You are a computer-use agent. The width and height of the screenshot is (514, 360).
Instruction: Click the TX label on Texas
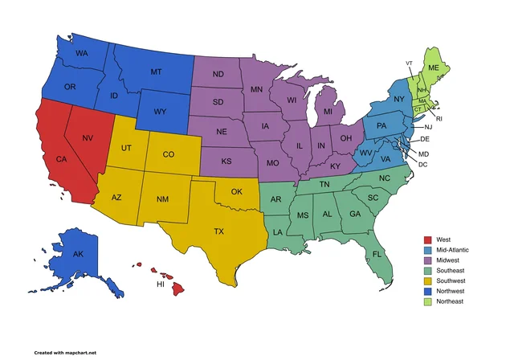click(218, 231)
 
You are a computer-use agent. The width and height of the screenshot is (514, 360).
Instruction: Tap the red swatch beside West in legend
click(428, 239)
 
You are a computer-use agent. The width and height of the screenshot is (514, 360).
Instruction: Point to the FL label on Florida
click(377, 255)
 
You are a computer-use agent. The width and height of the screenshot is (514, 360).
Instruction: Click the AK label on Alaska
click(78, 254)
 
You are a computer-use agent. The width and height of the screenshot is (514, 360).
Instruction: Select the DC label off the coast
click(423, 165)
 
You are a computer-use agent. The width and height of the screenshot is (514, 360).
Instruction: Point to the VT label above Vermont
click(409, 63)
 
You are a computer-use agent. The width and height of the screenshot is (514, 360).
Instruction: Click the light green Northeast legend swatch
click(428, 301)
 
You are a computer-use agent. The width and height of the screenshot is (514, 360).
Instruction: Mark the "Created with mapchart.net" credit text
click(65, 352)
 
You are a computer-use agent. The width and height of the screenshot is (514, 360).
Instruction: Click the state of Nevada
click(86, 145)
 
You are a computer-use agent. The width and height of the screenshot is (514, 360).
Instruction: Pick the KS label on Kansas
click(227, 162)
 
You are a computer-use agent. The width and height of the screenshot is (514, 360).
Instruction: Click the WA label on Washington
click(81, 54)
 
